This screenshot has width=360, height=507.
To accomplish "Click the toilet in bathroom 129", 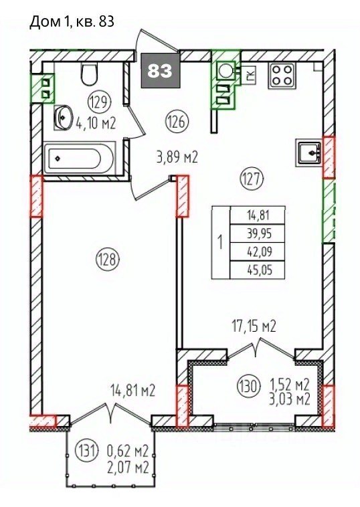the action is point(89,74).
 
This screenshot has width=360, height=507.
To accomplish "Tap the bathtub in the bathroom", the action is point(80,159).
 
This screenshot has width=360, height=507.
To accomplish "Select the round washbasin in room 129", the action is point(64,117).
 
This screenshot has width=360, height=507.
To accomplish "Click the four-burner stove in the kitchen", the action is point(282,76).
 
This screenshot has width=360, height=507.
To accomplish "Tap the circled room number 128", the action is point(108,260).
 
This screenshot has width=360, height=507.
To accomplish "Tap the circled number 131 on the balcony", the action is point(86,450).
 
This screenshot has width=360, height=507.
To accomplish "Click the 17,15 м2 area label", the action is point(253,326).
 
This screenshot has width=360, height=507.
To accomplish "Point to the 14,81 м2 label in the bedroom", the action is point(133,390).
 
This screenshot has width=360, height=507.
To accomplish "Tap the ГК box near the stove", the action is point(249,75).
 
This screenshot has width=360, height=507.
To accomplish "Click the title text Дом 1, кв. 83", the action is point(72,22).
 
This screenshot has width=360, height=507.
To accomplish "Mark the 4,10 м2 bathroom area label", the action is point(96,123).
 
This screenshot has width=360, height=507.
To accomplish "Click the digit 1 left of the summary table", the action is point(221,243).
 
